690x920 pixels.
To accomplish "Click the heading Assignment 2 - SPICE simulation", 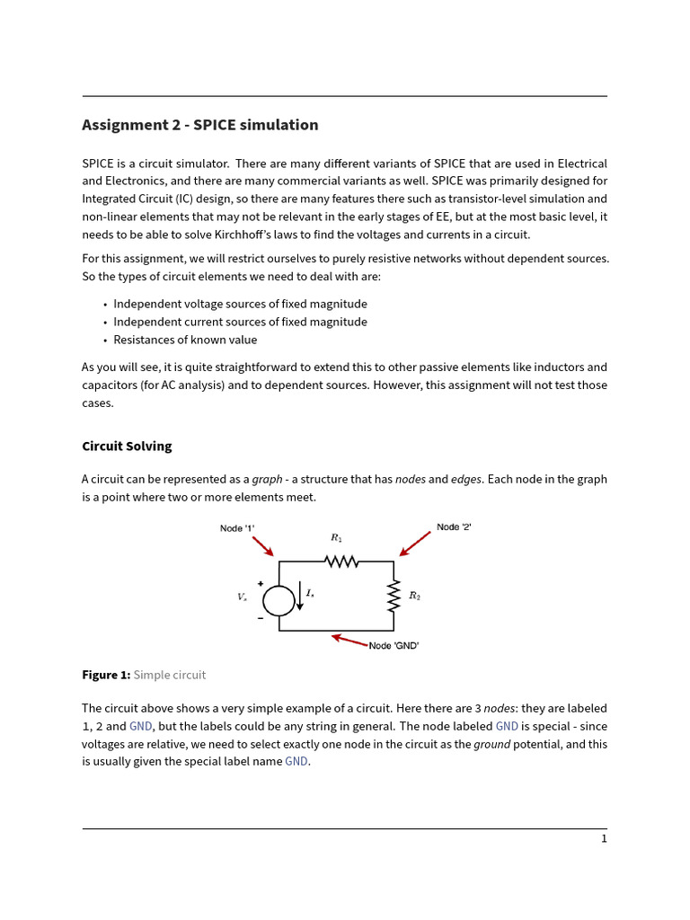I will click(199, 125).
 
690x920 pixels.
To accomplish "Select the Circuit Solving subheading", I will click(127, 447).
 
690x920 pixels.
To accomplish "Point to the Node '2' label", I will click(454, 527).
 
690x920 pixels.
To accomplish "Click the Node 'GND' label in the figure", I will click(394, 646).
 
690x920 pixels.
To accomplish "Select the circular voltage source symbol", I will click(279, 600).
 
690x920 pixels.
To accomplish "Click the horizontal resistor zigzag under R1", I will click(341, 562).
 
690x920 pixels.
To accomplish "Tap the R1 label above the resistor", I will click(336, 538).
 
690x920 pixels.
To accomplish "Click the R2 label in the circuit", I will click(414, 595).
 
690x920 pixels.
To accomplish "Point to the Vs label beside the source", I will click(242, 597).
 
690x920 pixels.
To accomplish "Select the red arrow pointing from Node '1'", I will click(262, 546).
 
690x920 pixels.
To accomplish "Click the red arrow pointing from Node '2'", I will click(414, 544).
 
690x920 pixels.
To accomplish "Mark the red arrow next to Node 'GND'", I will click(349, 641).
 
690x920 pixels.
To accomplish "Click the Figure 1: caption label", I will click(106, 675).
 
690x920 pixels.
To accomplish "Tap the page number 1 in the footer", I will click(604, 839).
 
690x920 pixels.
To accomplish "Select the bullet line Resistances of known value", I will click(185, 341).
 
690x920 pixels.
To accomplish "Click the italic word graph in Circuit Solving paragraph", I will click(267, 480).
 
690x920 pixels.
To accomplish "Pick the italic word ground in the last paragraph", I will click(491, 744).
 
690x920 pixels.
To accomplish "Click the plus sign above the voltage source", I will click(261, 583).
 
